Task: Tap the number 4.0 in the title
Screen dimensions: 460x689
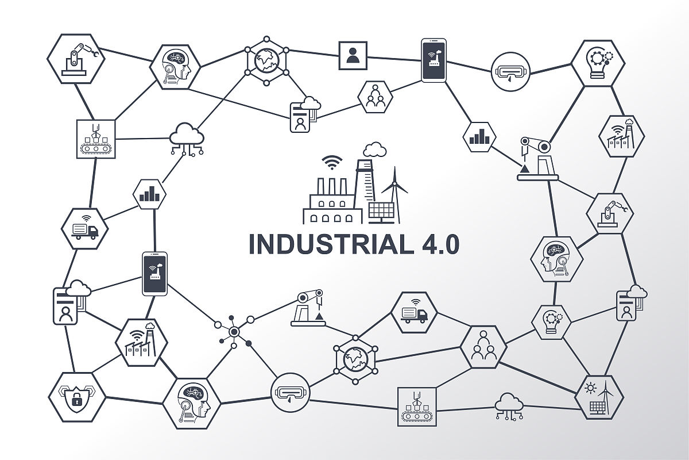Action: [436, 244]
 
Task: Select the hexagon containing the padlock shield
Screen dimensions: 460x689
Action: [76, 397]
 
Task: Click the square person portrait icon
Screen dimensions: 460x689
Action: [352, 55]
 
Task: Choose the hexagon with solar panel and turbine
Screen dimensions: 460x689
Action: [599, 397]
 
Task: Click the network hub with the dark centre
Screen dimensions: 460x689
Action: [234, 331]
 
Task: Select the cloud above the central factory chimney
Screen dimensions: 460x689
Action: [374, 149]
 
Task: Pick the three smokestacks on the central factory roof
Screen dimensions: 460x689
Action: [332, 186]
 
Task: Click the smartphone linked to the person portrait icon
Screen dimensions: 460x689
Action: [433, 60]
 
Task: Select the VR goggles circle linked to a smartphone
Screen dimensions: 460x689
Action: [510, 71]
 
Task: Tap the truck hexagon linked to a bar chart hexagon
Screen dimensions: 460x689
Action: [84, 228]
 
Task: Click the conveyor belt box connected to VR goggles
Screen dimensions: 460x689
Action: [417, 407]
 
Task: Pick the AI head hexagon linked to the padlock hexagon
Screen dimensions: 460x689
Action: [191, 403]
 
